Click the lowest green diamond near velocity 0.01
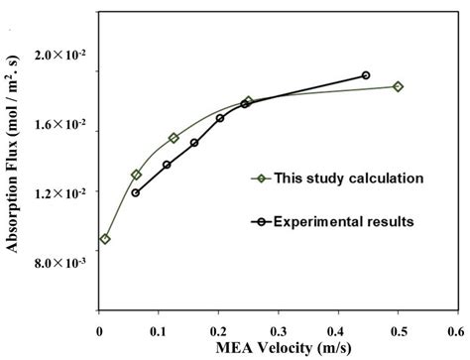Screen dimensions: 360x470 [105, 239]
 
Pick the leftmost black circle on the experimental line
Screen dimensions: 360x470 [135, 192]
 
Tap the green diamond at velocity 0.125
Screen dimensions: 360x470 [174, 138]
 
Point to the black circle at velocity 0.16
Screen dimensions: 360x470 [194, 143]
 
